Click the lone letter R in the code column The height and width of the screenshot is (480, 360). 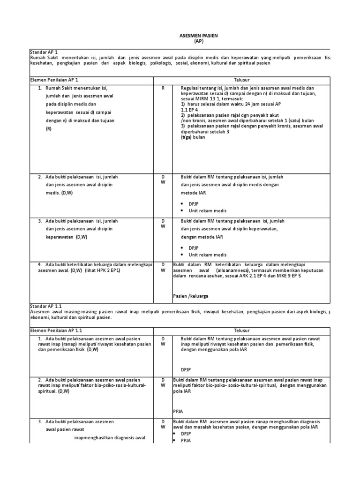[163, 88]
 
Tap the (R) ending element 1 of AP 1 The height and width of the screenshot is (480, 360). [48, 128]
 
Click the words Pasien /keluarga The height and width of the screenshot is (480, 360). [191, 296]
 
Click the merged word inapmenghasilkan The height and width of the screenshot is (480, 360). [93, 438]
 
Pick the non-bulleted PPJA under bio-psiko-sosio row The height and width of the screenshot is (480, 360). [178, 411]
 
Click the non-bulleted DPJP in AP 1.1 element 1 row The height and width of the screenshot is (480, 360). [186, 369]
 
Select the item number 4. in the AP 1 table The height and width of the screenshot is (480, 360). [41, 264]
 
